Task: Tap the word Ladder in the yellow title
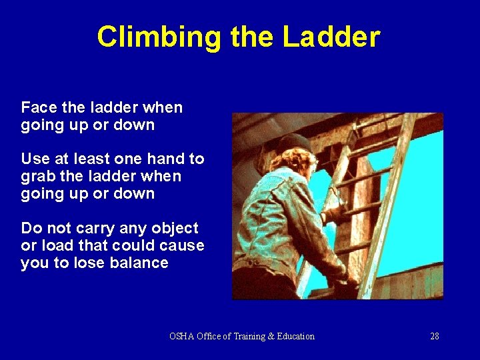[x=331, y=37]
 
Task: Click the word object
[x=175, y=228]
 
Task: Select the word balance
[x=141, y=263]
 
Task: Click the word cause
[x=181, y=245]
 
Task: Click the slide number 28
[x=434, y=336]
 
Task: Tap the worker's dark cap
[x=293, y=143]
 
